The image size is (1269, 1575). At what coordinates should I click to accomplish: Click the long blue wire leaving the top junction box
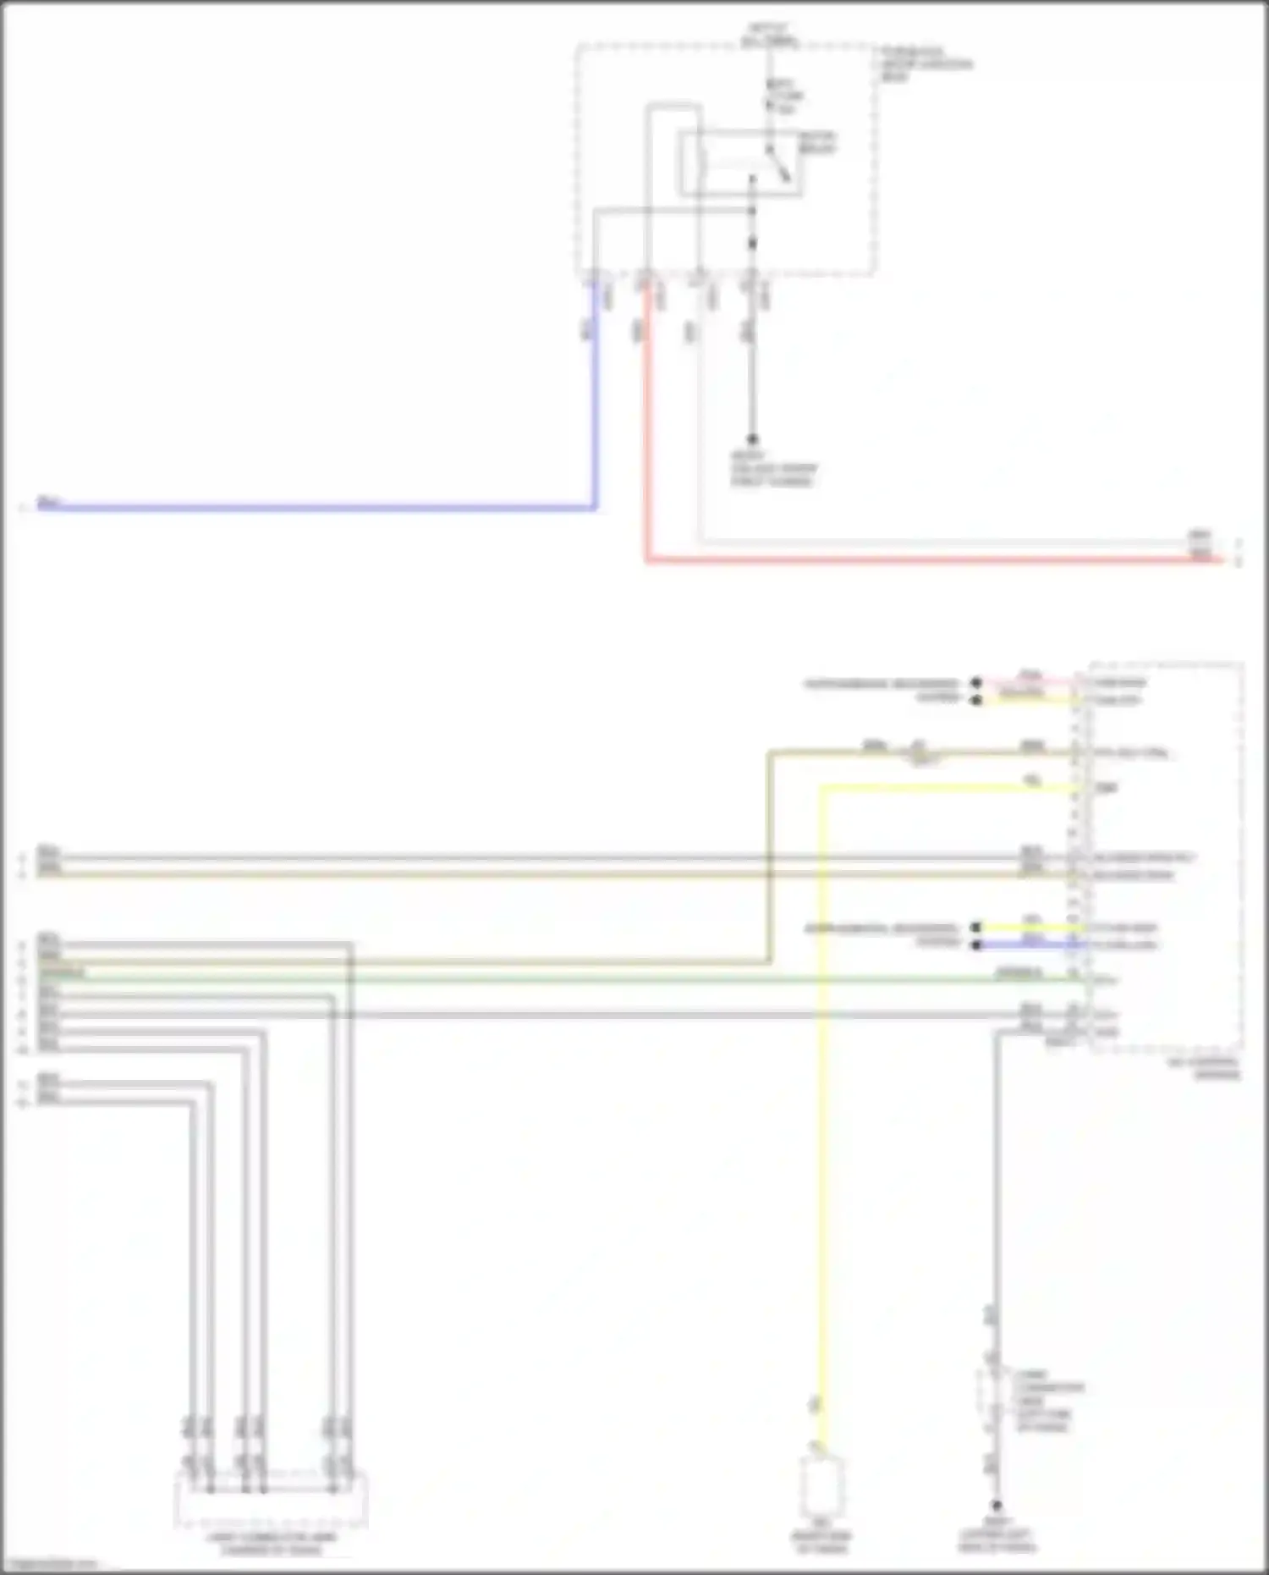tap(321, 509)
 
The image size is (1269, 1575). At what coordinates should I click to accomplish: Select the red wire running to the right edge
tap(931, 559)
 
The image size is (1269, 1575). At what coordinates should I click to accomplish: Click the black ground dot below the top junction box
tap(752, 439)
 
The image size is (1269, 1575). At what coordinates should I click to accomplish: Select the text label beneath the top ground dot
tap(773, 469)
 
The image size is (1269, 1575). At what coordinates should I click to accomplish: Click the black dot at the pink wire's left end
tap(976, 682)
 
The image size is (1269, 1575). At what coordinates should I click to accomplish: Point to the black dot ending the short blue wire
tap(976, 944)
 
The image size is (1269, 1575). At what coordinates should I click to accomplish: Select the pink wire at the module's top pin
tap(1028, 681)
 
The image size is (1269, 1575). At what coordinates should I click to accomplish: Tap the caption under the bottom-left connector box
tap(271, 1544)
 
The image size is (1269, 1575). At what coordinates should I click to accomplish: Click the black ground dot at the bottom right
tap(997, 1506)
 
